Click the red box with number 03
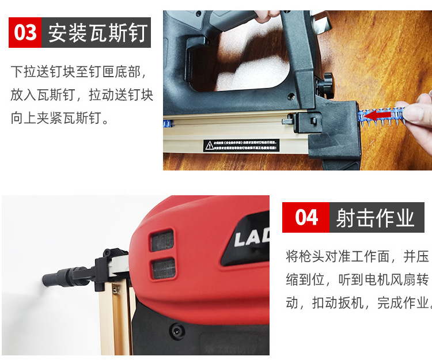[25, 32]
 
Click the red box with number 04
[305, 217]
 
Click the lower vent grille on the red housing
[162, 266]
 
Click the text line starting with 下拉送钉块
[82, 72]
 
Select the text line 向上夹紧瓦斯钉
[60, 118]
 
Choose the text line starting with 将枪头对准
[357, 256]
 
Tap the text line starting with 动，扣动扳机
[357, 302]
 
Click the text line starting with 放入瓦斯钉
[82, 95]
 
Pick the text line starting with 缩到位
[357, 279]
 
